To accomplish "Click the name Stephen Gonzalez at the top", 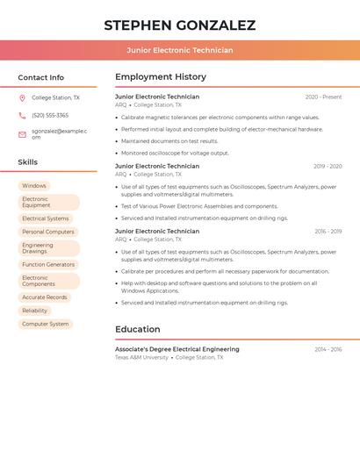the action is [179, 25].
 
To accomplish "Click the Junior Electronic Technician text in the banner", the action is [179, 50].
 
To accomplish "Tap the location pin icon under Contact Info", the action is [22, 98].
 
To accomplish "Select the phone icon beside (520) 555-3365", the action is [22, 116].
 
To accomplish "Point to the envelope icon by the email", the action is [22, 134].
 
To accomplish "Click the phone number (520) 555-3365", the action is [50, 116].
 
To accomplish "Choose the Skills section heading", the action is [28, 162].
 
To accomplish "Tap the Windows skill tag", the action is [34, 186].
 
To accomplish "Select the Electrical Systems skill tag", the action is [46, 218].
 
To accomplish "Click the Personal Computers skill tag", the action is [48, 232].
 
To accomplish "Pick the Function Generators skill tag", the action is [48, 264].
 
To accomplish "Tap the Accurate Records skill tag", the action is [45, 297].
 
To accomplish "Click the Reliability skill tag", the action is [35, 311].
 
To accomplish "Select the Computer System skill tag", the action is [46, 324].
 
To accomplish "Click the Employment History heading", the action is [161, 77].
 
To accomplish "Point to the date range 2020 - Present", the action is [323, 97].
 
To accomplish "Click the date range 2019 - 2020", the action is [328, 166].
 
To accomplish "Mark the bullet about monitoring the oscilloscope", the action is [175, 153].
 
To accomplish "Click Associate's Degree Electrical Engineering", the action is [176, 349].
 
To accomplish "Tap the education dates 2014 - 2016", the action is [328, 349].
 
